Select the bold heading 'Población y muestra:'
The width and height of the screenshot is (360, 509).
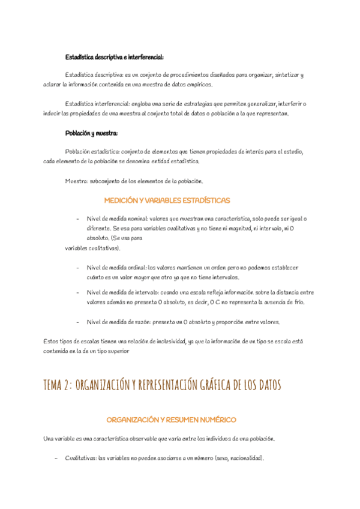point(91,133)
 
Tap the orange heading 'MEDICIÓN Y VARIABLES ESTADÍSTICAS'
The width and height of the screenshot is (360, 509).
point(167,200)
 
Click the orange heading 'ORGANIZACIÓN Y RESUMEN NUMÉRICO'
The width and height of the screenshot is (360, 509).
point(171,419)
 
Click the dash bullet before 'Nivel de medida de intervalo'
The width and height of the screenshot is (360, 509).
point(78,292)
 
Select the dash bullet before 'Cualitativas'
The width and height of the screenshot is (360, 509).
point(56,458)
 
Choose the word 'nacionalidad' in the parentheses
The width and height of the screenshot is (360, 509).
point(244,458)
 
